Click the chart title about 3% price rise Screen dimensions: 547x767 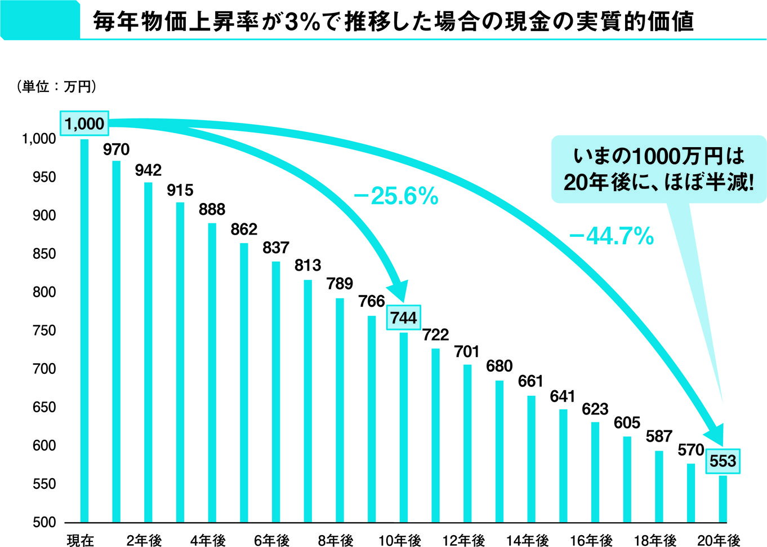coord(393,21)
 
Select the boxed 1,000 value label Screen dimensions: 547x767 coord(84,123)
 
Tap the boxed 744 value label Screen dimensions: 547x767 coord(403,318)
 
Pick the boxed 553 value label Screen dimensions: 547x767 coord(723,461)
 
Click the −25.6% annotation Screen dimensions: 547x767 coord(396,196)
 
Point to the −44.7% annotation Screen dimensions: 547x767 coord(611,236)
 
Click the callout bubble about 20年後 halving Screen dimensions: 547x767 coord(658,169)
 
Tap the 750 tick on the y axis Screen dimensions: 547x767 coord(44,330)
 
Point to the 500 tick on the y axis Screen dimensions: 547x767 coord(44,522)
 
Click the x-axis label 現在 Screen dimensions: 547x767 coord(81,540)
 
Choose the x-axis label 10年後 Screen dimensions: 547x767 coord(399,540)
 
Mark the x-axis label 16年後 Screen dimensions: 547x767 coord(591,540)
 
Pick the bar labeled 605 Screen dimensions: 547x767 coord(627,479)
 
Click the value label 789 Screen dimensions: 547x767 coord(340,284)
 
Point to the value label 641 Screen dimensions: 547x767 coord(562,396)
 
